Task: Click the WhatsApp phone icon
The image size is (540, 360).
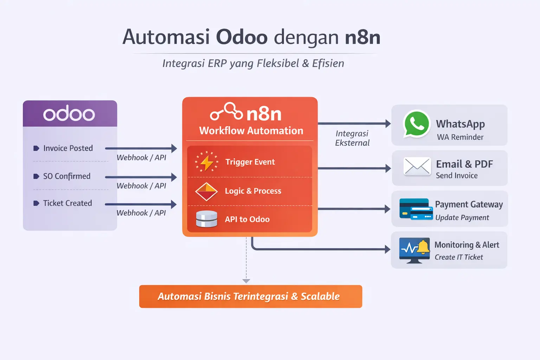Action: click(x=417, y=124)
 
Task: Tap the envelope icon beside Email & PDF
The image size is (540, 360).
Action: click(x=417, y=166)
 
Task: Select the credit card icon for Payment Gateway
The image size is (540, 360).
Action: click(x=416, y=209)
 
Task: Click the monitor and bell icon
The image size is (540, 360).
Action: click(x=414, y=250)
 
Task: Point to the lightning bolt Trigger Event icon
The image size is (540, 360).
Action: click(x=207, y=162)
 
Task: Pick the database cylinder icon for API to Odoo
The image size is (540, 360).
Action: click(x=206, y=219)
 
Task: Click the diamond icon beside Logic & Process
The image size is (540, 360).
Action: click(x=206, y=191)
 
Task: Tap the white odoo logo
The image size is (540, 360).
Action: click(x=69, y=114)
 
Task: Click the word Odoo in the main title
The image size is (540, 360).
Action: click(x=242, y=37)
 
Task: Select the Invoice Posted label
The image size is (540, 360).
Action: click(x=68, y=148)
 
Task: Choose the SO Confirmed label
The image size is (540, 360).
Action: click(x=66, y=176)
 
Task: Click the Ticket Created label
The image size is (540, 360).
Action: click(x=67, y=203)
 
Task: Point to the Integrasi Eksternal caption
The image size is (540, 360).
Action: click(x=352, y=138)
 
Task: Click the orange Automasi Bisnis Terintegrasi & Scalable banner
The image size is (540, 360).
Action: click(x=250, y=296)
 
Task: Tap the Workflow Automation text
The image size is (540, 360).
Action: click(x=251, y=131)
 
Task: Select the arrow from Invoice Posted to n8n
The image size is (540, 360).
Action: click(x=141, y=148)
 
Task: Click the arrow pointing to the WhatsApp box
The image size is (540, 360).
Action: click(x=354, y=123)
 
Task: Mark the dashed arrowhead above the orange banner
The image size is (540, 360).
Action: click(x=246, y=281)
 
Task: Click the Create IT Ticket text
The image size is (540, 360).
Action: click(x=458, y=257)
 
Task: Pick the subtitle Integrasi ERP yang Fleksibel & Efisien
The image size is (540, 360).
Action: click(x=253, y=63)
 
